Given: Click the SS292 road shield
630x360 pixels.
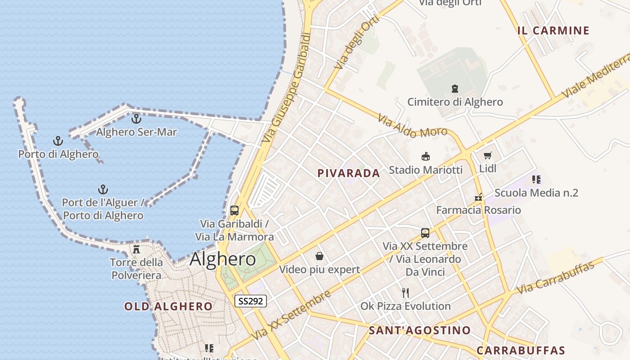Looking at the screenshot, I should (251, 301).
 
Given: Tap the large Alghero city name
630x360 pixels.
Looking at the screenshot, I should (223, 259).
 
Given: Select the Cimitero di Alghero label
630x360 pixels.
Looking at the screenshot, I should (455, 102).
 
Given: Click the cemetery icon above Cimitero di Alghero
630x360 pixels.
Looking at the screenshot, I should (455, 89).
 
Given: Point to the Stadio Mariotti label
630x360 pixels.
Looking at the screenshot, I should (425, 170).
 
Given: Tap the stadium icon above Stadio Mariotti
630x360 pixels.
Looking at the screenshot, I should (425, 156).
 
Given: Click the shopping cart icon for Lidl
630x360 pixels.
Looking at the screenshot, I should (487, 156).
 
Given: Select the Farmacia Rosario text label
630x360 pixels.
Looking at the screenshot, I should (478, 210).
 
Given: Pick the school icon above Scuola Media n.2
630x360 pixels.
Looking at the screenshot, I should (536, 180).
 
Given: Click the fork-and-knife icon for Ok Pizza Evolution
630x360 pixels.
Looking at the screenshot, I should (405, 293).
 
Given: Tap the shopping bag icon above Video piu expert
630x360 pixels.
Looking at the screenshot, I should (319, 256).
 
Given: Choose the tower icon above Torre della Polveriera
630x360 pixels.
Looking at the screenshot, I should (136, 249).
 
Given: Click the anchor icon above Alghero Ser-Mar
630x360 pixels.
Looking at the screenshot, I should (136, 119).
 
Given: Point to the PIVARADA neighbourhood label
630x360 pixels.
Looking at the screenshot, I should (349, 173).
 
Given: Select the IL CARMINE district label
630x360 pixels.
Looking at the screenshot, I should (553, 31).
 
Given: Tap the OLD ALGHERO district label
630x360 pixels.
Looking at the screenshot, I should (168, 306).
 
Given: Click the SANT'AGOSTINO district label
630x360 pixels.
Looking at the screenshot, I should (419, 330).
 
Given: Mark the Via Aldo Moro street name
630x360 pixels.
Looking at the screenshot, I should (412, 127).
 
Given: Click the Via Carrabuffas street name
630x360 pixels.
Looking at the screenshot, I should (555, 277).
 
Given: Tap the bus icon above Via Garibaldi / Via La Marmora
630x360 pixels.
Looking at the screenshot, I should (234, 210).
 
